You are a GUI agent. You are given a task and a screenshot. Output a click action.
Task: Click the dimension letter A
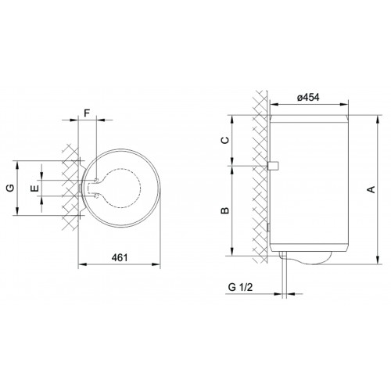371,189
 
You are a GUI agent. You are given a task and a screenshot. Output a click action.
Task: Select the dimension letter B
224,210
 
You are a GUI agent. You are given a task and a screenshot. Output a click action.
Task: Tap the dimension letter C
224,140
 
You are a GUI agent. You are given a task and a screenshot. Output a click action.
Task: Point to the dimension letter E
34,188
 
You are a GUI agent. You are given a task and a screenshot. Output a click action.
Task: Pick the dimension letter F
87,113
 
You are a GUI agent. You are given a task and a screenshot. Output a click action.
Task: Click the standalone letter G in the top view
10,188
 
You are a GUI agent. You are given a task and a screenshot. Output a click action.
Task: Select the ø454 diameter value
308,98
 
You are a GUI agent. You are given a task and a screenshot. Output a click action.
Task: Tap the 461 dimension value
120,257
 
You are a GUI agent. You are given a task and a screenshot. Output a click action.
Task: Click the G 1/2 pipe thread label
240,287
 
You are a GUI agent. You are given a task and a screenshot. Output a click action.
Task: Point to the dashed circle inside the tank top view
141,188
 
